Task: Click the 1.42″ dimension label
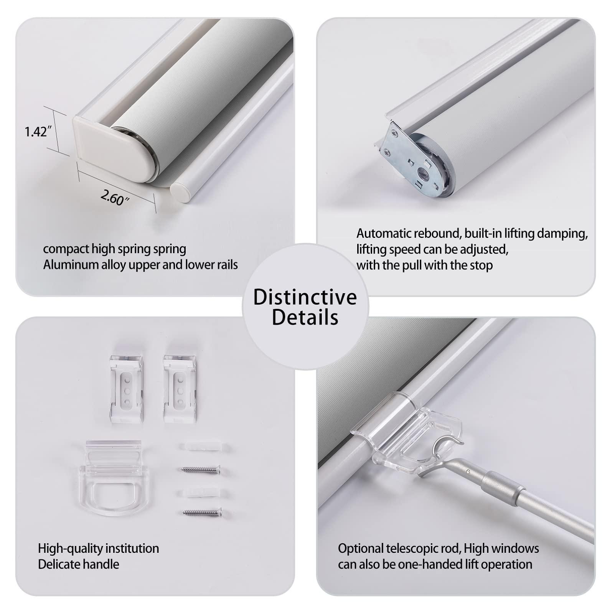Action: [38, 132]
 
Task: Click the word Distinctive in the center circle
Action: [305, 297]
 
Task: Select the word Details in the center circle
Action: [305, 317]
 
